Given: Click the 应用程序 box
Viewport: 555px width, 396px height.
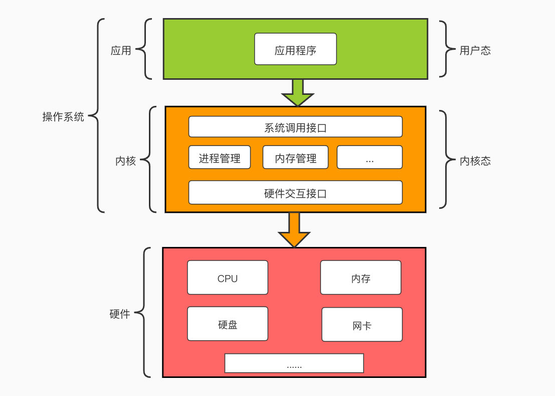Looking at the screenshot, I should point(295,49).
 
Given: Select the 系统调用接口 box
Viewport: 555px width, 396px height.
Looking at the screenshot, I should point(295,127).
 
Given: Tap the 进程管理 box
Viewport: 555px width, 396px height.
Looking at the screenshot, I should point(220,158).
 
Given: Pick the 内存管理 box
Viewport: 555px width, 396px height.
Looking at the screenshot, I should point(295,158).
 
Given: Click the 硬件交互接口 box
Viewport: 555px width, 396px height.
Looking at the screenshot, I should point(295,193).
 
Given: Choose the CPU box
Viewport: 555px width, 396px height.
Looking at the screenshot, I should point(228,278).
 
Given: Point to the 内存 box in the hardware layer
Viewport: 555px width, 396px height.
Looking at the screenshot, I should point(360,278).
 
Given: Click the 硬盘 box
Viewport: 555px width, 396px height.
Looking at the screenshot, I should point(228,324).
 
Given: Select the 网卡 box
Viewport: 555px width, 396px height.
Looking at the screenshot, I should point(361,325).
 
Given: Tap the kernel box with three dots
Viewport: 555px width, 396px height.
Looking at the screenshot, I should point(369,158).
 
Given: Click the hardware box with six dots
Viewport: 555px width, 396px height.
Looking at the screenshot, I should point(294,363).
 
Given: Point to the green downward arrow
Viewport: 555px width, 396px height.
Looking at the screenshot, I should point(297,93).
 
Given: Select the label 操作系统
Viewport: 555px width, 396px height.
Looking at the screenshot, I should point(63,117).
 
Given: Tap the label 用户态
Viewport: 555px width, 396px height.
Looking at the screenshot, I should point(475,50).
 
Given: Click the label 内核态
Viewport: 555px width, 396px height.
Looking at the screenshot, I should point(475,161).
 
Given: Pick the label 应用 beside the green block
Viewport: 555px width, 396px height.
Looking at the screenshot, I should point(121,50).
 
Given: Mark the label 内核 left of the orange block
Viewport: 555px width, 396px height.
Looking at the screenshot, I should point(125,161).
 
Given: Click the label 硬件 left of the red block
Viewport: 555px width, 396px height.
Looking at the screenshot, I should point(119,314).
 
